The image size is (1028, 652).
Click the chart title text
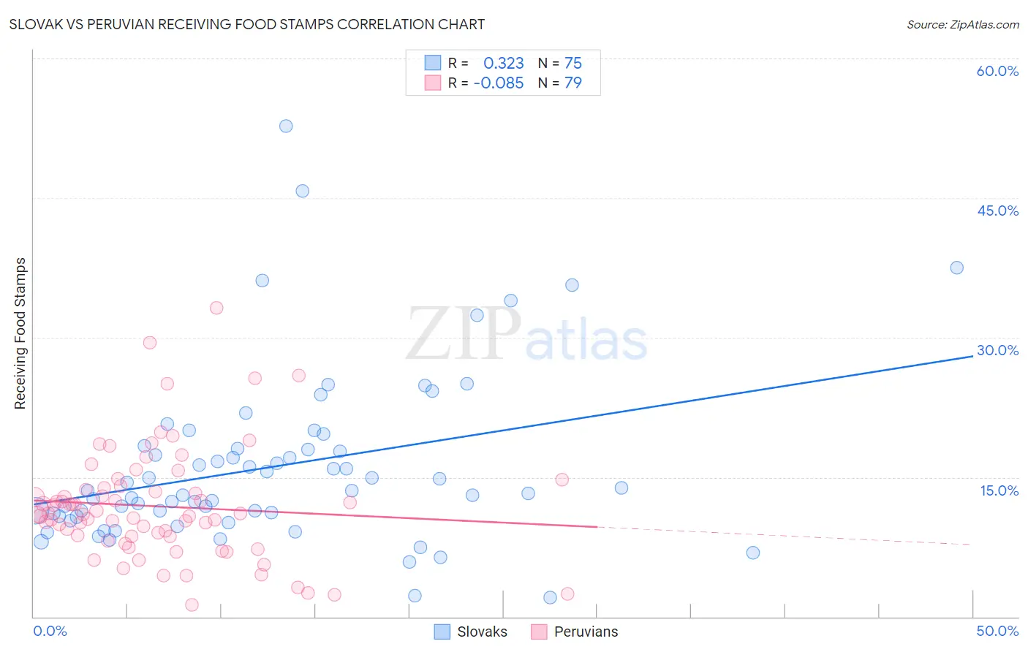[246, 24]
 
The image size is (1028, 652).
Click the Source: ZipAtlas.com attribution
[962, 24]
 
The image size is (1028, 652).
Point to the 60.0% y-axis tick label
[997, 71]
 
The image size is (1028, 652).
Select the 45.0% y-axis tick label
[997, 211]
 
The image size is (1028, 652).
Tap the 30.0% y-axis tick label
[997, 350]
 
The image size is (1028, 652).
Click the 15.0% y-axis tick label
[999, 490]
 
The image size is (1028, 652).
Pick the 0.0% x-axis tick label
[50, 631]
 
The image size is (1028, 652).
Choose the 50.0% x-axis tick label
[997, 631]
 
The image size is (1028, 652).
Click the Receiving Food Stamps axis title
[20, 333]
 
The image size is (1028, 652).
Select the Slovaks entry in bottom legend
[471, 632]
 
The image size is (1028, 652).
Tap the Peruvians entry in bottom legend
[575, 632]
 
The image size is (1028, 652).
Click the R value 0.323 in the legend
[504, 64]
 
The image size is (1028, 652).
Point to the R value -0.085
[499, 83]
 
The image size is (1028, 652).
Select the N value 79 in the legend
[572, 83]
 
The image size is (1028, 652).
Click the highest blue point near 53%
[286, 126]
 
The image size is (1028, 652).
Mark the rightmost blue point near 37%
[956, 268]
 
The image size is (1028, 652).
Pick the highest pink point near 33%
[216, 308]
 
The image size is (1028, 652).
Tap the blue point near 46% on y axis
[302, 191]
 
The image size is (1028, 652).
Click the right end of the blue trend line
[972, 356]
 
